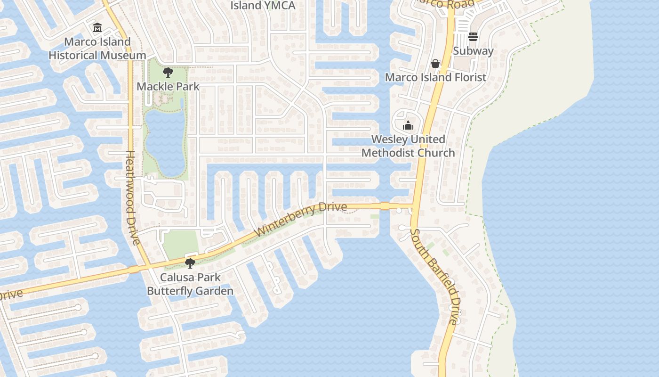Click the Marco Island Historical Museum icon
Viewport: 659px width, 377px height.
pyautogui.click(x=97, y=28)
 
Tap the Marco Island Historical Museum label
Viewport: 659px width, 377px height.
pyautogui.click(x=97, y=49)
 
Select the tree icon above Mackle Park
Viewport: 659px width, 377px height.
pyautogui.click(x=168, y=73)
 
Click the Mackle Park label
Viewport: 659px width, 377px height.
pyautogui.click(x=168, y=87)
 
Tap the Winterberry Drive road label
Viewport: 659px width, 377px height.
pyautogui.click(x=301, y=219)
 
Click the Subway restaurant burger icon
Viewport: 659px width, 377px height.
pyautogui.click(x=473, y=37)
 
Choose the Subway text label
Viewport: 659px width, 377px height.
pyautogui.click(x=473, y=51)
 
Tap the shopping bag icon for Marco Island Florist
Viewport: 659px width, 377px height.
pyautogui.click(x=435, y=63)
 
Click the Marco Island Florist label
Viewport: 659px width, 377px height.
pyautogui.click(x=435, y=77)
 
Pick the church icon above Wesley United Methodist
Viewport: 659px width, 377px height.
pyautogui.click(x=408, y=125)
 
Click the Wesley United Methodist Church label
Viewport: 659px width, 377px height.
pyautogui.click(x=408, y=146)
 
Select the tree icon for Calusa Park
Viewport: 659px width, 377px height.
pyautogui.click(x=190, y=263)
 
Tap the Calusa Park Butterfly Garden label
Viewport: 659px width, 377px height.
pyautogui.click(x=190, y=284)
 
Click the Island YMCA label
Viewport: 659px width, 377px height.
pyautogui.click(x=263, y=6)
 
